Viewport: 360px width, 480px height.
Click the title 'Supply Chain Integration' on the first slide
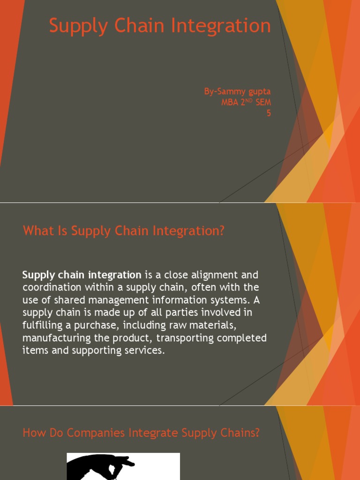click(x=160, y=26)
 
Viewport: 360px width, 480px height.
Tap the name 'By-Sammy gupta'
click(x=237, y=91)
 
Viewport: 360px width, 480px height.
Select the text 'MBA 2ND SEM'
click(x=246, y=102)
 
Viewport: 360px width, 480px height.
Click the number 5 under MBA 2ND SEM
click(x=269, y=113)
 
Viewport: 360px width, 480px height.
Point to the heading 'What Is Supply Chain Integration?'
click(x=124, y=231)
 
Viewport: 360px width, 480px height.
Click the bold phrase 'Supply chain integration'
click(x=82, y=275)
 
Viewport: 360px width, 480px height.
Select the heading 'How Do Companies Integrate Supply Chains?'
click(x=141, y=433)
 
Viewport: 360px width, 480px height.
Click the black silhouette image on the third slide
click(x=123, y=466)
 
